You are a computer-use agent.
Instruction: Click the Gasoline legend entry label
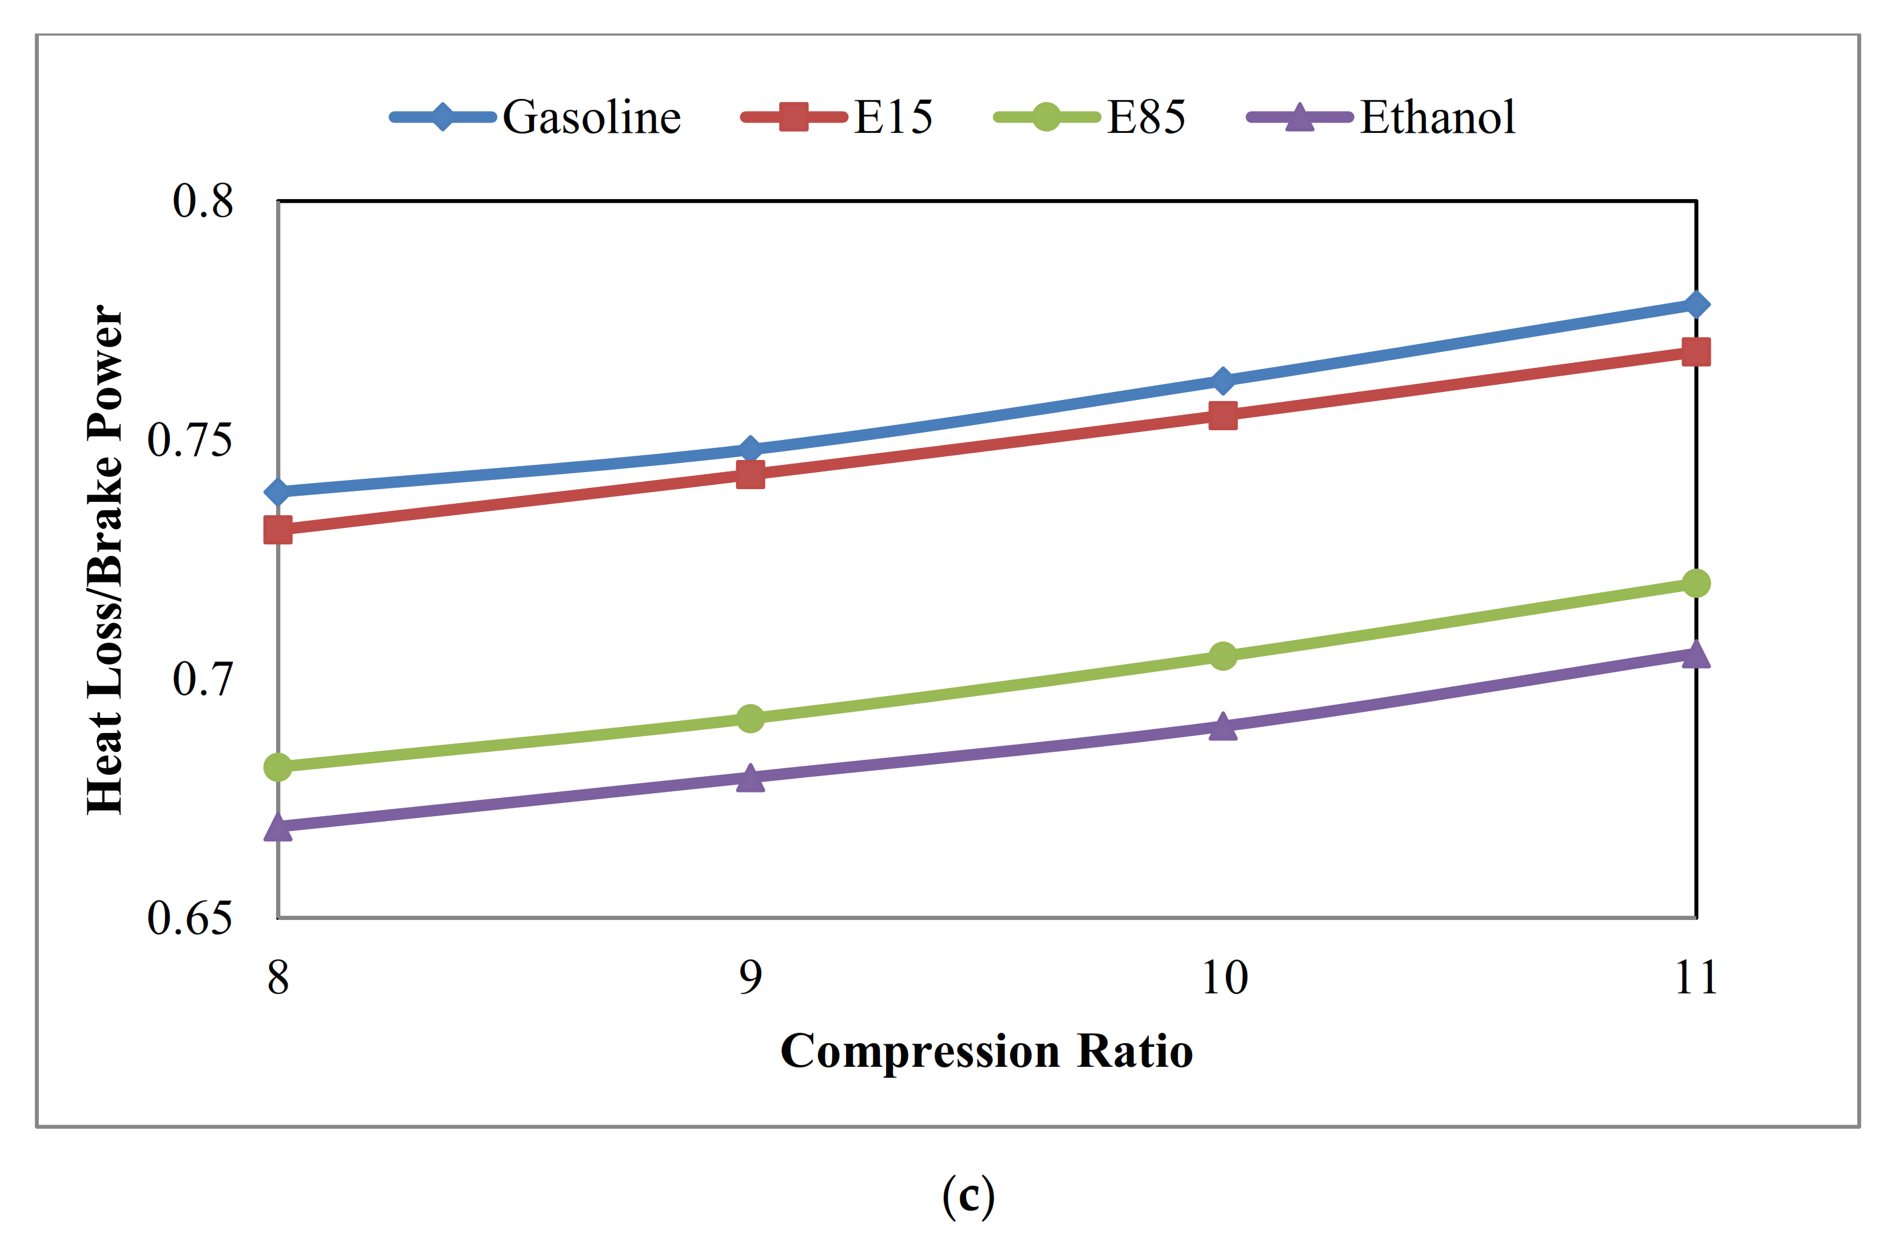[x=591, y=118]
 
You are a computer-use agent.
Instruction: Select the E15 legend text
[x=893, y=118]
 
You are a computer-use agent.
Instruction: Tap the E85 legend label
[x=1146, y=118]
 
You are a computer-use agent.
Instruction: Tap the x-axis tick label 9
[x=750, y=977]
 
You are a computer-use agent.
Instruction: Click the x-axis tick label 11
[x=1696, y=977]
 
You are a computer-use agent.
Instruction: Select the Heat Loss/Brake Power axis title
[x=106, y=559]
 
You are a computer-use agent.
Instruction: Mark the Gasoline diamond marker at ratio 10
[x=1223, y=381]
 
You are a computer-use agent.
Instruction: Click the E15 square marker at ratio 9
[x=750, y=475]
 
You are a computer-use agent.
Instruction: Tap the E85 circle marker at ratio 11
[x=1696, y=583]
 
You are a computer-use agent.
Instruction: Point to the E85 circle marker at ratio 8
[x=277, y=766]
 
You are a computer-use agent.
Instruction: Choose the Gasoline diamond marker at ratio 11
[x=1696, y=304]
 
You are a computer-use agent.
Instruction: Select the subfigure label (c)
[x=968, y=1196]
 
